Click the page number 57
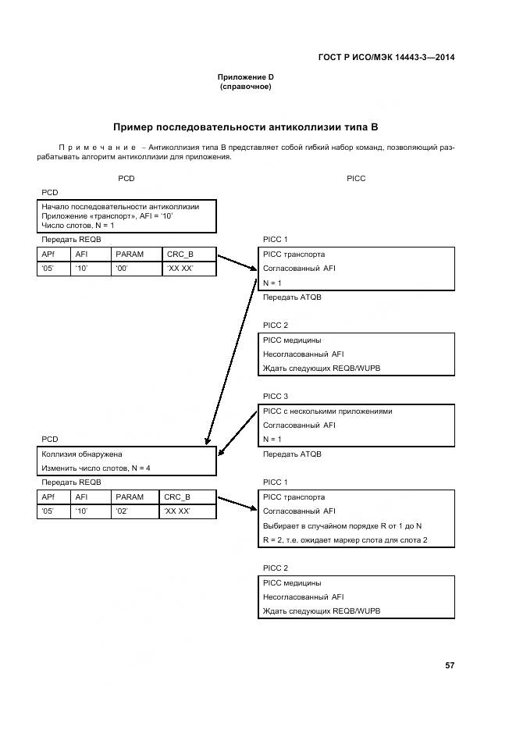pos(449,665)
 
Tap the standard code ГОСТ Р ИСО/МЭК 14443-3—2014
pos(387,58)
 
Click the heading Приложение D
pos(245,77)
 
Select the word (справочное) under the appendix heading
pos(245,87)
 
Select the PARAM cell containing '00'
pos(134,269)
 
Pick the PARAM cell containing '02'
pos(134,511)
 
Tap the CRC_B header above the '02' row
pos(178,497)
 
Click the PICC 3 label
pos(275,396)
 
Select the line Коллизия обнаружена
pos(82,454)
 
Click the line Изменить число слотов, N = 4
pos(95,468)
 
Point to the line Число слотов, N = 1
pos(78,225)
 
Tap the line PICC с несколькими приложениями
pos(327,411)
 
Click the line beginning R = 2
pos(345,539)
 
